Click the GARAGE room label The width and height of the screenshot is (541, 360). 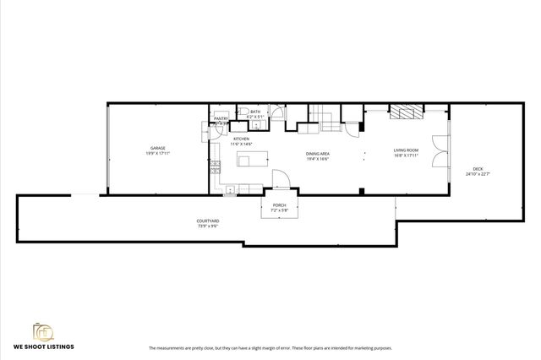158,148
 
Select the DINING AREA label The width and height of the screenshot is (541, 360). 317,154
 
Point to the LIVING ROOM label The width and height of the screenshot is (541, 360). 407,150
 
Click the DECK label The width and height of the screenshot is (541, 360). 478,168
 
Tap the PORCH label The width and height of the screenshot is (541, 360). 278,205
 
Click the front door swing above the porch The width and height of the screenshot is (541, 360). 280,179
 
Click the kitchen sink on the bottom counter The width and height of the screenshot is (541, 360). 231,190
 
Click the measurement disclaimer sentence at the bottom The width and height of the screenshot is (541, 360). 270,348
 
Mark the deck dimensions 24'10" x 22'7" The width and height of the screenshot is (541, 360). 478,174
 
